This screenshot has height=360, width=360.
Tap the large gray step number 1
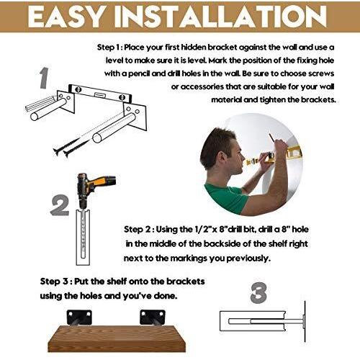44,78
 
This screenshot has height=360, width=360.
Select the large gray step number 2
60,206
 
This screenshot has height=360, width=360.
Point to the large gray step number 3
258,292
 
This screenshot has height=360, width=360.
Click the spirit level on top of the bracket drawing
100,94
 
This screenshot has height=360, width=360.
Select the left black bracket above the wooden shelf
79,318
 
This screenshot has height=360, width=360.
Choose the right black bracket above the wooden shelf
153,318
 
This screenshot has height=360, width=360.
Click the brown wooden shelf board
117,338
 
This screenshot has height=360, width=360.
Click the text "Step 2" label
138,230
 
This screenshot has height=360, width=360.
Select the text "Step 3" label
54,282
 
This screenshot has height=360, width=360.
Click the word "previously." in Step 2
248,258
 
